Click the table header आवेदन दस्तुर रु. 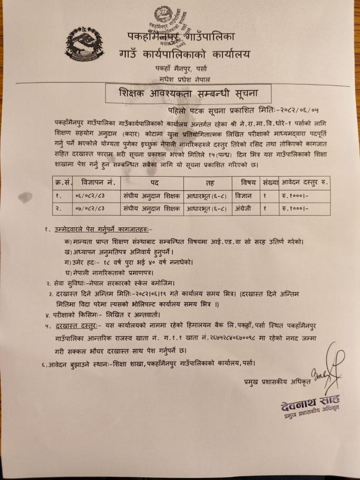[304, 183]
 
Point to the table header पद [152, 183]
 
